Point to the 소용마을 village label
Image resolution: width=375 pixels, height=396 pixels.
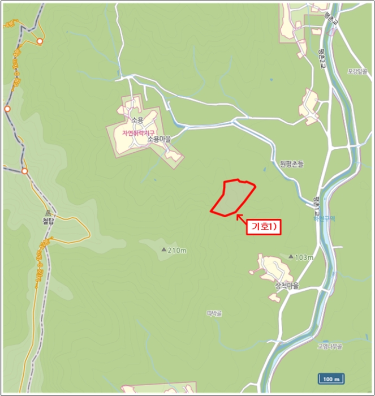pos(159,139)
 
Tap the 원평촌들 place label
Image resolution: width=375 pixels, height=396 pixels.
pos(292,164)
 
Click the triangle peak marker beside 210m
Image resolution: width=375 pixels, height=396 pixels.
pos(164,249)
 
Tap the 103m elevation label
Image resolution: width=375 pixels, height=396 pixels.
pos(304,257)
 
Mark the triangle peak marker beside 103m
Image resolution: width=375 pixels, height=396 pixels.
pos(291,257)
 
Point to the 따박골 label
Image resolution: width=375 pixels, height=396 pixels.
pos(214,312)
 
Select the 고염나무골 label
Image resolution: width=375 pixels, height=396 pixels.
pos(330,346)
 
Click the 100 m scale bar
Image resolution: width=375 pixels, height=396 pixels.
pos(331,378)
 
